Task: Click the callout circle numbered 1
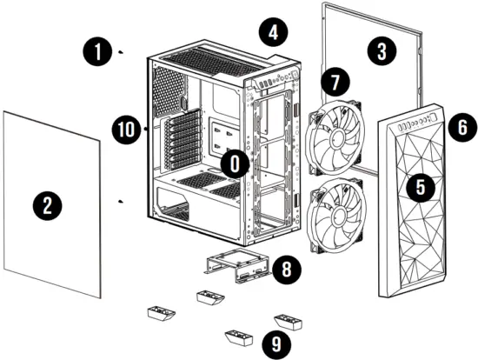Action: [98, 52]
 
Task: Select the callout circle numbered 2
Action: [48, 205]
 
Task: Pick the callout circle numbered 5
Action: [421, 186]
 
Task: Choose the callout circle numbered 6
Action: [461, 126]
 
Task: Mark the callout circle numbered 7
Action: [334, 83]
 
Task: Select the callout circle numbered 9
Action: [276, 343]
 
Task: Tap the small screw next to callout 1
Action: [122, 52]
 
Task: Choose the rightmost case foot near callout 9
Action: [288, 324]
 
